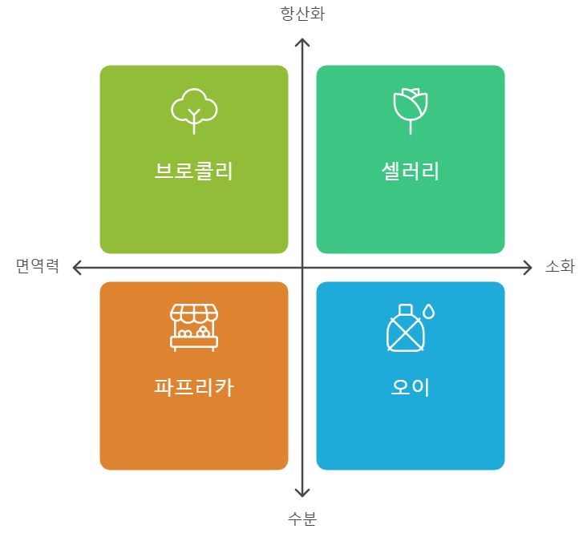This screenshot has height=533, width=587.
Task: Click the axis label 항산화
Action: click(x=302, y=14)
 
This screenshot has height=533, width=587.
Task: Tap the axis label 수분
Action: click(x=302, y=519)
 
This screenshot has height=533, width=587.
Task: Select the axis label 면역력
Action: click(x=38, y=267)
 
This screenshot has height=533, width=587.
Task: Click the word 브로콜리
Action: click(x=194, y=171)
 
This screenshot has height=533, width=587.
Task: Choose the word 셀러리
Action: click(x=411, y=171)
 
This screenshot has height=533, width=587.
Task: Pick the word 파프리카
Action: click(x=194, y=387)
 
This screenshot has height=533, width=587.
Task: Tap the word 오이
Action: click(x=411, y=387)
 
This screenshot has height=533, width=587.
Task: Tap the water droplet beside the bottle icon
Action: click(x=429, y=310)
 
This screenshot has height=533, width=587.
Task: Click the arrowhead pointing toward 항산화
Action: click(x=302, y=42)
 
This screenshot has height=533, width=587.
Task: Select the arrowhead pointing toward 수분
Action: click(x=302, y=492)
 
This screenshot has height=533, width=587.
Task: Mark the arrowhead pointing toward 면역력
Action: click(x=77, y=267)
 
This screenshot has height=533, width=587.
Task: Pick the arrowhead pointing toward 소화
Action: click(x=528, y=267)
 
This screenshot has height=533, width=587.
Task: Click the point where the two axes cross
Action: click(x=302, y=267)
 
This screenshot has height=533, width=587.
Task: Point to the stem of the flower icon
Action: click(x=411, y=127)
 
